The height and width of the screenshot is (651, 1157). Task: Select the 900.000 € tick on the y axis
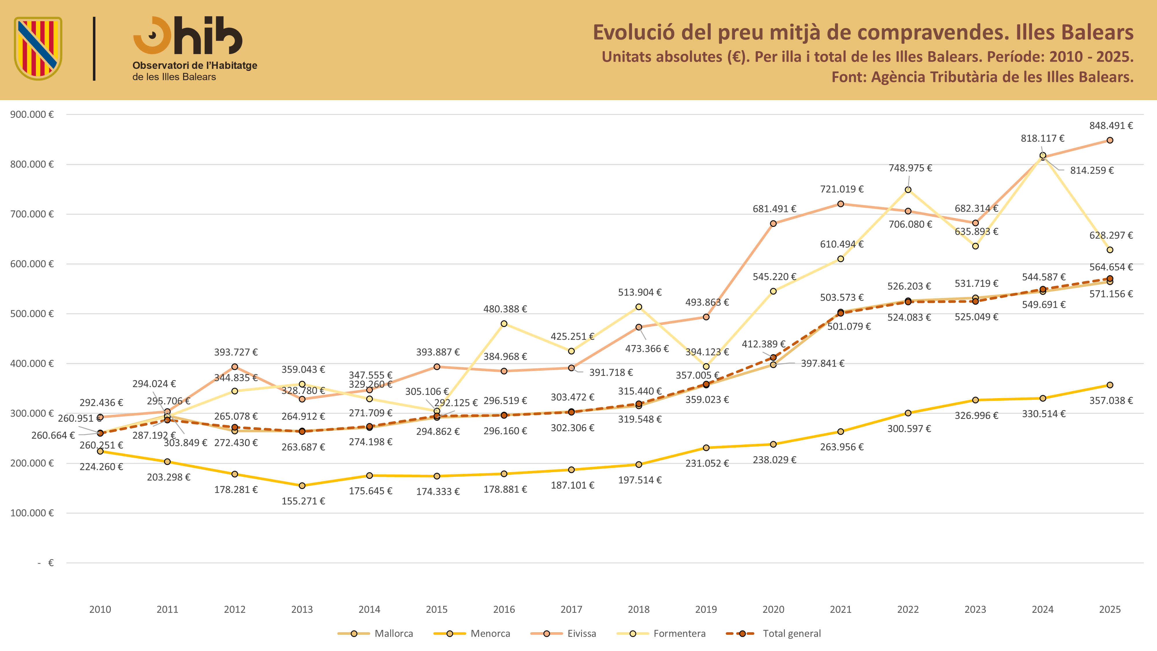32,115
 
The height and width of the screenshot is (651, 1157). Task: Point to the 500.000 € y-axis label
32,314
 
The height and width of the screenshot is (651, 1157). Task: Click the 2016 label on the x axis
504,609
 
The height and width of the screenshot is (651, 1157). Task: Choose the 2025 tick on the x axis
1110,609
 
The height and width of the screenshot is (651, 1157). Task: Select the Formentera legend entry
661,633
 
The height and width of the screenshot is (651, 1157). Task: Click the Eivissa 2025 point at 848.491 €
1110,140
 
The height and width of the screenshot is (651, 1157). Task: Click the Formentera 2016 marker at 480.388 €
504,323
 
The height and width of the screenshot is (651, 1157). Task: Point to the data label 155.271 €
303,501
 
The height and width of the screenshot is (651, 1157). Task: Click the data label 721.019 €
842,189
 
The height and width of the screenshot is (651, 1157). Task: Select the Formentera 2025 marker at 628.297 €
1110,250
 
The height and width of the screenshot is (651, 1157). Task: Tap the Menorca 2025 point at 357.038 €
1110,385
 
